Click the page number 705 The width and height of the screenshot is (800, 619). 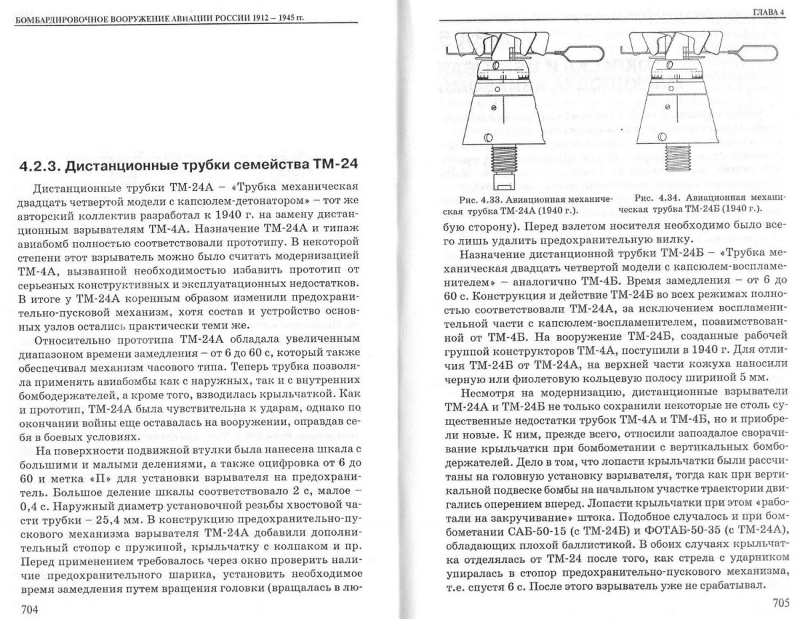point(775,602)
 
